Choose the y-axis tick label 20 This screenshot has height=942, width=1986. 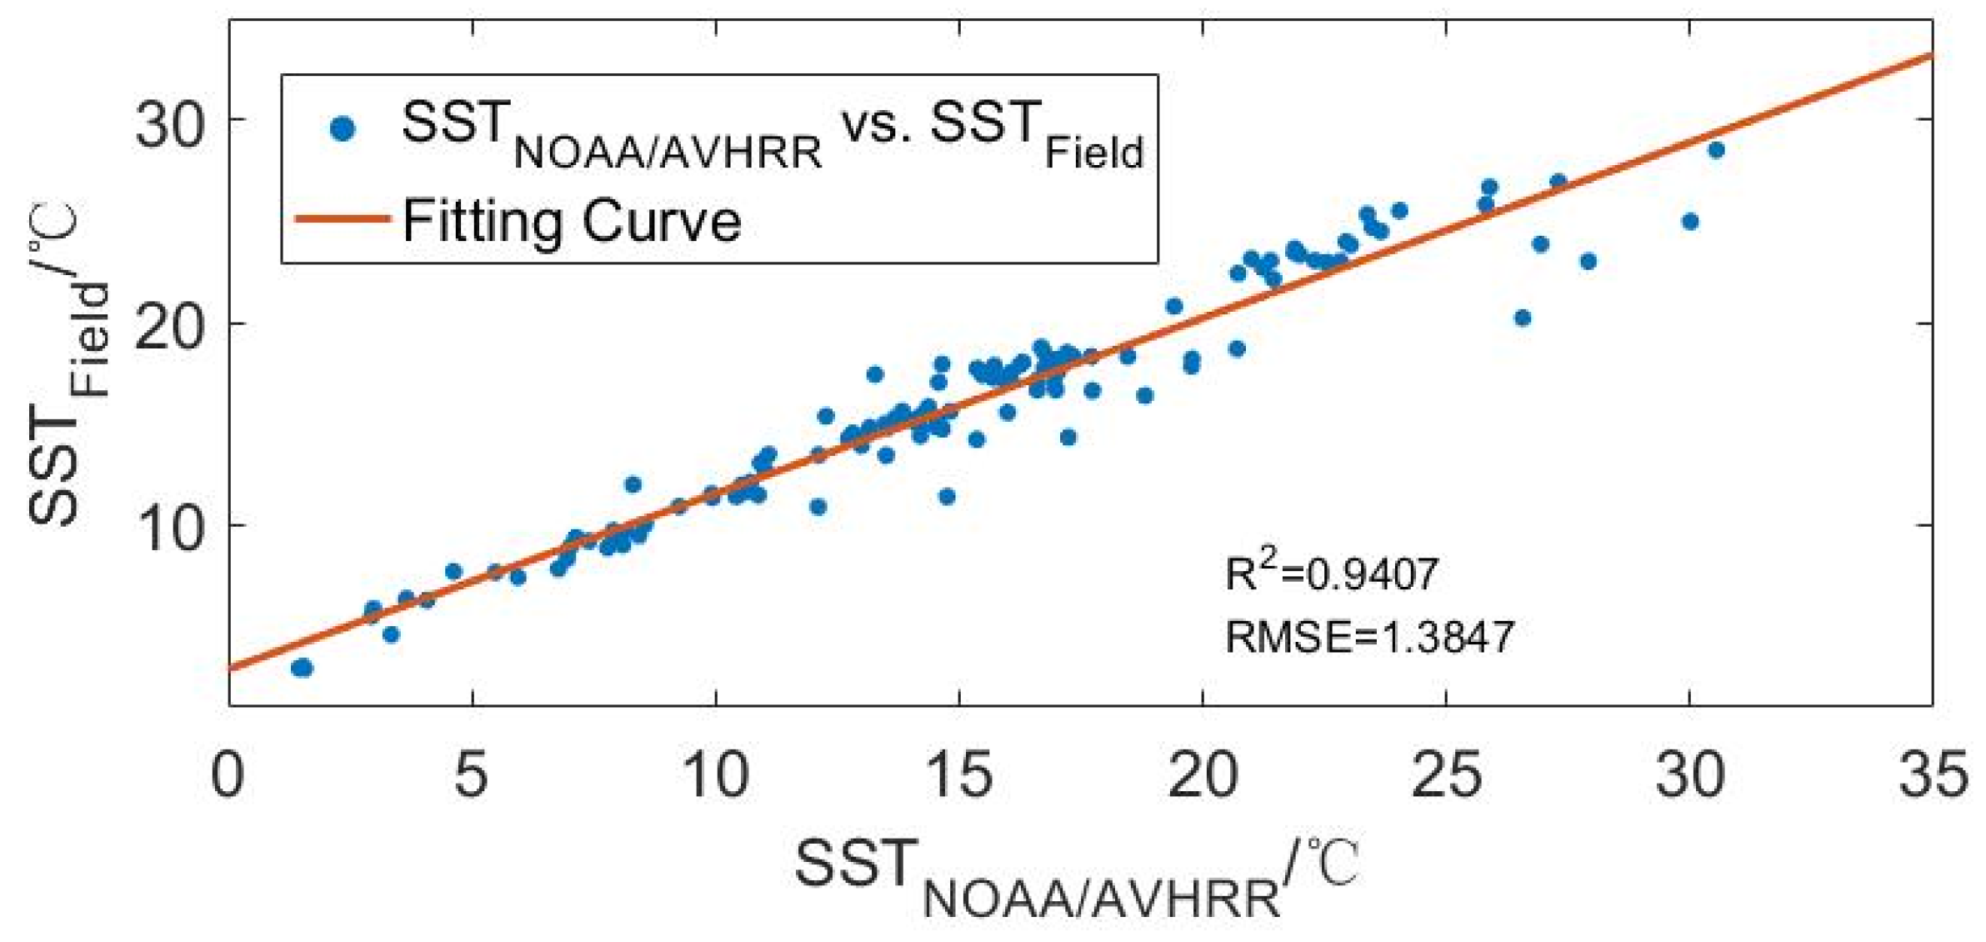click(x=170, y=328)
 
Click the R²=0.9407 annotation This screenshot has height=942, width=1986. click(x=1331, y=574)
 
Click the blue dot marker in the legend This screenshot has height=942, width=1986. click(x=343, y=128)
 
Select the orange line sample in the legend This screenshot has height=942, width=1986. click(x=343, y=219)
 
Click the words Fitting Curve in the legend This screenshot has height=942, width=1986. click(x=572, y=222)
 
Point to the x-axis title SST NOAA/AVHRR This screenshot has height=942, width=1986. click(x=1075, y=875)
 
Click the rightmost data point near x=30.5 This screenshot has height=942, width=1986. click(x=1716, y=150)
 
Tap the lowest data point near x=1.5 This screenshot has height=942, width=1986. click(x=302, y=668)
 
